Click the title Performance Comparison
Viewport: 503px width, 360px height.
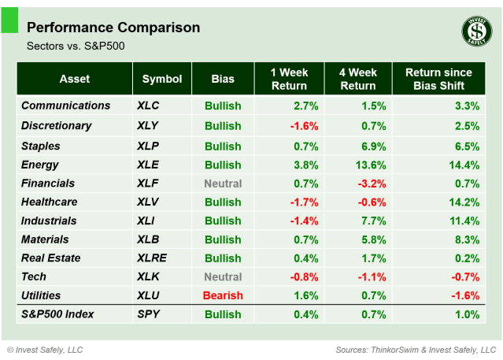pos(113,28)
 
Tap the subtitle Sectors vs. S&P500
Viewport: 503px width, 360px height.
pos(76,46)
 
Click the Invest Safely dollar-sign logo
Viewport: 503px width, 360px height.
pos(475,32)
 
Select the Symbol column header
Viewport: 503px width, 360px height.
pos(162,79)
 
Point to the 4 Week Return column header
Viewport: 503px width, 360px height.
pos(357,79)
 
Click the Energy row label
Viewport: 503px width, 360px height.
pos(41,165)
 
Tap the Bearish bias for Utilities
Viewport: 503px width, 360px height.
pos(223,295)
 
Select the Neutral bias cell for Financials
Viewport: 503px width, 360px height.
pos(223,184)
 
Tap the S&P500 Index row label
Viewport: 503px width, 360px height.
pos(57,314)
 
